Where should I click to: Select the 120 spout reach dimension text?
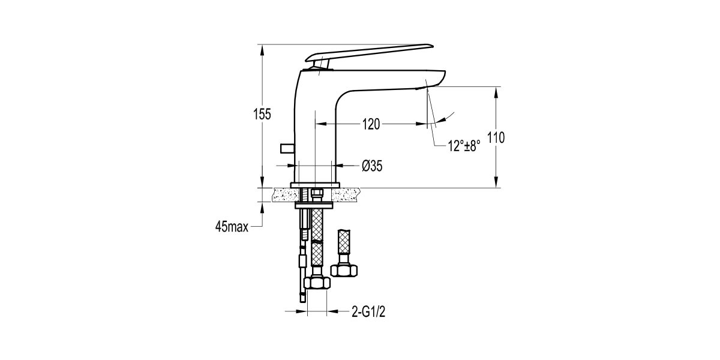[x=371, y=124]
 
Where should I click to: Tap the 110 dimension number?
[x=496, y=138]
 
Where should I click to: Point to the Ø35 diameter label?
[x=372, y=166]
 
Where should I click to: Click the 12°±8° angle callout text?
[x=464, y=146]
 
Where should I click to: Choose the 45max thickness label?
[x=231, y=226]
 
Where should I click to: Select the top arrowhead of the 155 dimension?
[x=262, y=48]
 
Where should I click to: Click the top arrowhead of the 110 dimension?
[x=496, y=91]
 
